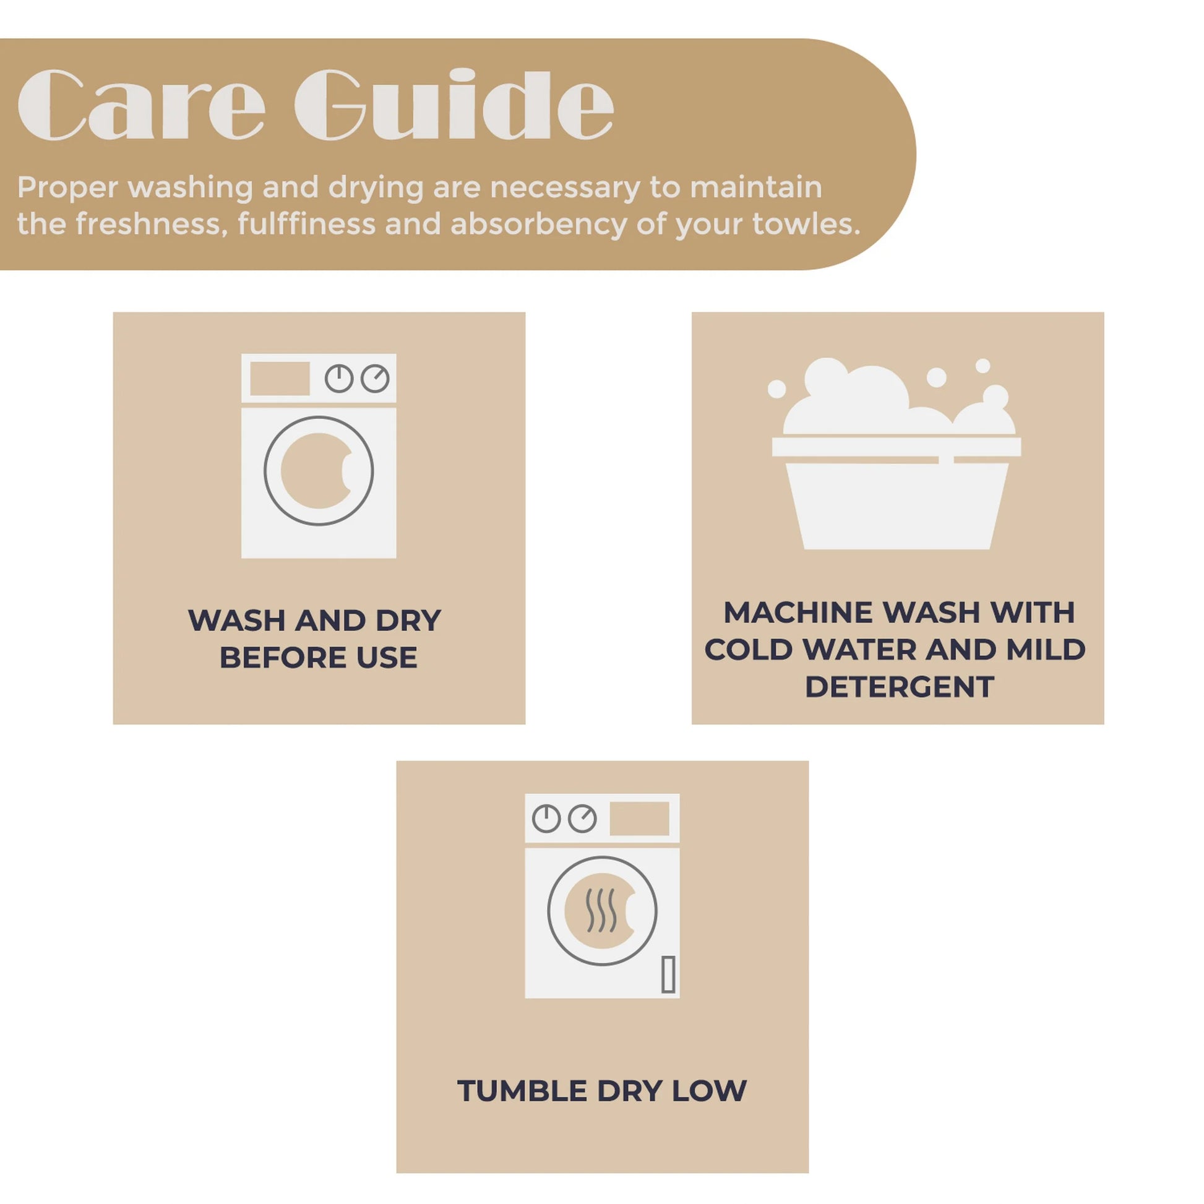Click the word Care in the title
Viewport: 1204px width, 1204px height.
coord(142,104)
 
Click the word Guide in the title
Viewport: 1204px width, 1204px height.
coord(454,103)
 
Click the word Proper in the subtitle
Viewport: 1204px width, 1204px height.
coord(67,188)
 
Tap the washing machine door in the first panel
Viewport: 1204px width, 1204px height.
coord(319,471)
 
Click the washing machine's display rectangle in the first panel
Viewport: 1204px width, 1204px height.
coord(280,378)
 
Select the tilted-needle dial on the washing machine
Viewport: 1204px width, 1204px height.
coord(375,378)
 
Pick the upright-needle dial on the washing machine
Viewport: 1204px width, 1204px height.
coord(339,378)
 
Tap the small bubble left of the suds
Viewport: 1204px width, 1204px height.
coord(776,389)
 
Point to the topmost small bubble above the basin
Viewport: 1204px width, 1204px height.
coord(983,366)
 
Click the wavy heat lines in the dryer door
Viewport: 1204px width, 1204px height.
coord(601,911)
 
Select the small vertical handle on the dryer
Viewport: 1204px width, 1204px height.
coord(668,973)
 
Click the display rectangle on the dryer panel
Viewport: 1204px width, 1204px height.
coord(639,819)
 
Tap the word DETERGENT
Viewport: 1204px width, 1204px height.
coord(899,687)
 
